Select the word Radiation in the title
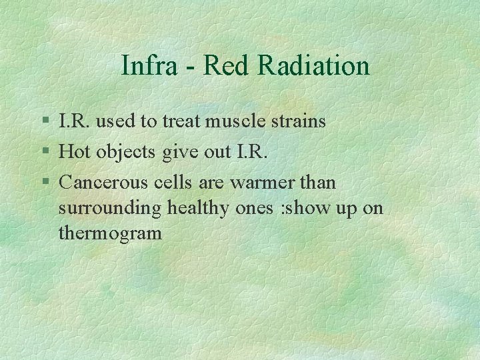[313, 66]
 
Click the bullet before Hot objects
[45, 152]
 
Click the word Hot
[75, 151]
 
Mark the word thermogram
[110, 234]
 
